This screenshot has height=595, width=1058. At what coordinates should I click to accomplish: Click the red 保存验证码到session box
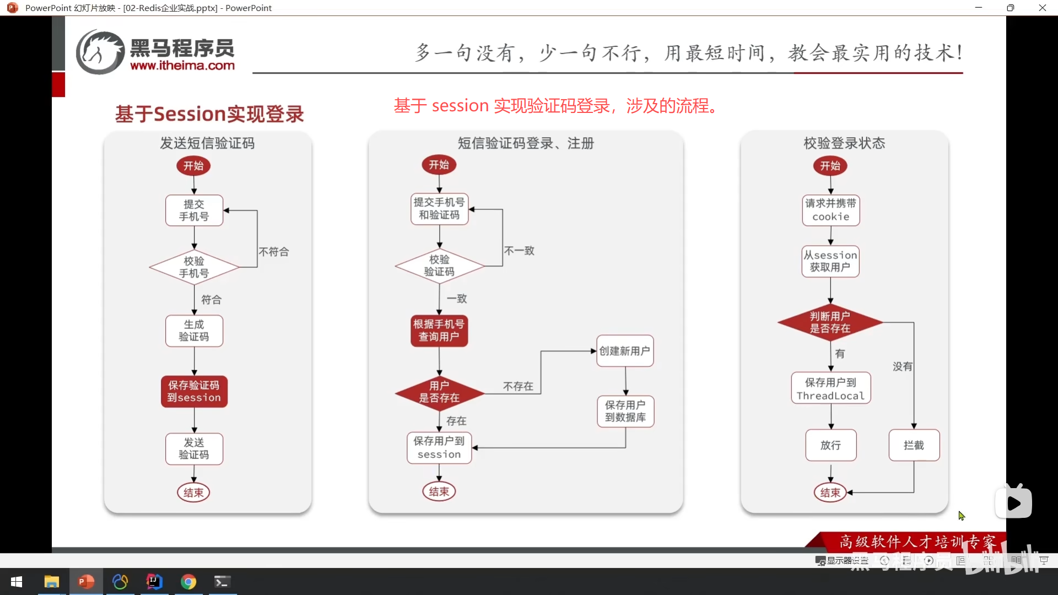[194, 391]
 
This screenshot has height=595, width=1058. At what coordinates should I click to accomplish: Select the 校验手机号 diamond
[194, 267]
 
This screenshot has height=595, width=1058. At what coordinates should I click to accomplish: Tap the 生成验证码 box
[194, 331]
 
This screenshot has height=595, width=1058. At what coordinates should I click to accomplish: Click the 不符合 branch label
[274, 252]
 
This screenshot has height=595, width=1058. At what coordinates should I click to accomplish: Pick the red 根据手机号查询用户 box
[439, 331]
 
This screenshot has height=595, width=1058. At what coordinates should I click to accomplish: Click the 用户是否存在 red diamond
[439, 392]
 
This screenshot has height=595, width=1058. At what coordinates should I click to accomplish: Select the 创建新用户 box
[625, 351]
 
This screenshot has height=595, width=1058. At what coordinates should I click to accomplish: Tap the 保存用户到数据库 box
[625, 411]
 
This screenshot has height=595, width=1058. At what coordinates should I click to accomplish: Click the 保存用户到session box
[439, 447]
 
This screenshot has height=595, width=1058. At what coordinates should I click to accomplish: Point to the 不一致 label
[519, 251]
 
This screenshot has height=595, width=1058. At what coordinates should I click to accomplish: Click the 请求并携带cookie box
[830, 210]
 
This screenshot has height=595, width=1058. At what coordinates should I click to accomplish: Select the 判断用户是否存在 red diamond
[830, 322]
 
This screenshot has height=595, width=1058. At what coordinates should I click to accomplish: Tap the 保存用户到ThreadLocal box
[830, 388]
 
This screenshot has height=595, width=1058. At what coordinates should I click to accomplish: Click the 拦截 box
[914, 445]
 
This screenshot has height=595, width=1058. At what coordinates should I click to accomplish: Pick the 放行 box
[830, 445]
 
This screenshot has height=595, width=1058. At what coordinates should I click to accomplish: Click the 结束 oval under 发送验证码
[193, 493]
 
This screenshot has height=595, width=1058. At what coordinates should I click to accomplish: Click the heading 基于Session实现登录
[209, 114]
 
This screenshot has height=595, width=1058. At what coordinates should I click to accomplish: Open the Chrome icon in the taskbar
[188, 582]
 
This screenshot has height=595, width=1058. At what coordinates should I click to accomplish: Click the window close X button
[1042, 8]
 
